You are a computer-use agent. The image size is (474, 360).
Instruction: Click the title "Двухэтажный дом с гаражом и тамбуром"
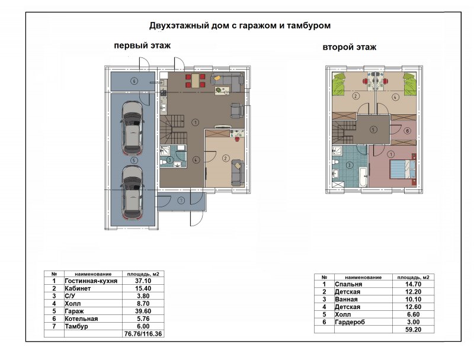coord(240,25)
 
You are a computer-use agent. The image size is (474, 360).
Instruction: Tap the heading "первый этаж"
coord(142,46)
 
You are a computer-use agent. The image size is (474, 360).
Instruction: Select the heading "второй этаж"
coord(350,47)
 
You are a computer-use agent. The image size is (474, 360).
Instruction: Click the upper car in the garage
coord(132,128)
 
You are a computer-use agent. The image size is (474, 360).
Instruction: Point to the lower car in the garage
coord(132,192)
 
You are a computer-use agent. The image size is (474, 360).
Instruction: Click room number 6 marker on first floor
coord(134,81)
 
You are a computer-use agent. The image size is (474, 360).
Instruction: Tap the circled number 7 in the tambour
coord(181,200)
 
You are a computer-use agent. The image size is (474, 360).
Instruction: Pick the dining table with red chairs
coord(196,81)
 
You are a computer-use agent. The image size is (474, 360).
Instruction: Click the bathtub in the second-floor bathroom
coord(363,174)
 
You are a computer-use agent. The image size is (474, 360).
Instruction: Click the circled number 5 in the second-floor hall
coord(374,130)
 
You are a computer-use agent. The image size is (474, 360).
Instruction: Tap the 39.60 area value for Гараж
coord(143,311)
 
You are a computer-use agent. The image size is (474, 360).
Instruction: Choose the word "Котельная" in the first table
coord(81,319)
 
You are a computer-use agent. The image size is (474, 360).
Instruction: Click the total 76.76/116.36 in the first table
coord(143,334)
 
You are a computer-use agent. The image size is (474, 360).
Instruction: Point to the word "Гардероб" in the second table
coord(350,322)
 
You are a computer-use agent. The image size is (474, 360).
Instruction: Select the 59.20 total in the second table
coord(413,329)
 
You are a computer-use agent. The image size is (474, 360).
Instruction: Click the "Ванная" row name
coord(346,299)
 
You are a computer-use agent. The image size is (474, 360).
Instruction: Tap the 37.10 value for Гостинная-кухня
coord(143,281)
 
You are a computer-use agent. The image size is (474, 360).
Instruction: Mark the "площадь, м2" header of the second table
coord(413,277)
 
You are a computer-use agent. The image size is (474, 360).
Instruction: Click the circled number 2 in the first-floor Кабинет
coord(226,158)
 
